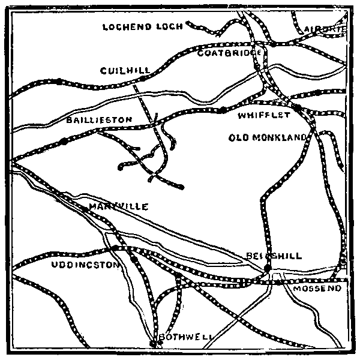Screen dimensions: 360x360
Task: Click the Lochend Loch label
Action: coord(142,27)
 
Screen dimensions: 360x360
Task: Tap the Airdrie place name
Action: coord(325,29)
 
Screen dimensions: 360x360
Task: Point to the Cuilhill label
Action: coord(125,71)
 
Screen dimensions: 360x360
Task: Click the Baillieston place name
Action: coord(99,120)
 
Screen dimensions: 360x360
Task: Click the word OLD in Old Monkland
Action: coord(239,137)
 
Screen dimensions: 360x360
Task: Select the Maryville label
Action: coord(118,206)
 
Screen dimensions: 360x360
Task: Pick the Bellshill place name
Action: coord(274,256)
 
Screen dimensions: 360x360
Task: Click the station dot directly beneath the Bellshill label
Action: coord(268,268)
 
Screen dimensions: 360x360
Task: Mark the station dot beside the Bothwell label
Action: coord(153,343)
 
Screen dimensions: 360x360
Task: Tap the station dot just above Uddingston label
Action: coord(114,248)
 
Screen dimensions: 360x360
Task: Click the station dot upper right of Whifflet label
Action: coord(296,107)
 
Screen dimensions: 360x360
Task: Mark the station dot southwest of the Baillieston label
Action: coord(64,142)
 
